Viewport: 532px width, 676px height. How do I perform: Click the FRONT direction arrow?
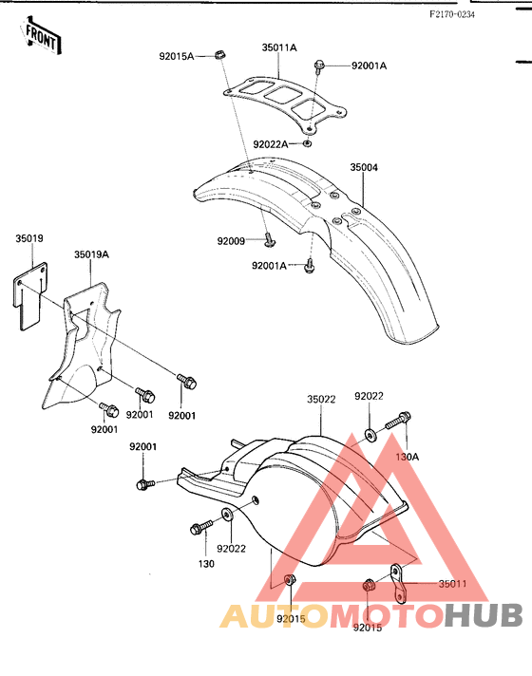41,37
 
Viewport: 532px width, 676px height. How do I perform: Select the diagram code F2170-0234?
452,14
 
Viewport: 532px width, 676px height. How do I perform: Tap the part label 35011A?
279,47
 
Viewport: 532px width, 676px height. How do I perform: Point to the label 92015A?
177,56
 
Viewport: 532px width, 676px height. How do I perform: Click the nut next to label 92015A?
220,55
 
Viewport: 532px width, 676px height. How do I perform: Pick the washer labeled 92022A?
307,143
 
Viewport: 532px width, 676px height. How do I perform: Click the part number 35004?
364,167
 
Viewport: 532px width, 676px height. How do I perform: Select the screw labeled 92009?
269,239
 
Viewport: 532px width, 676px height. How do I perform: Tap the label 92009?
231,241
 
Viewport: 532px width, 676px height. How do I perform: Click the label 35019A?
91,254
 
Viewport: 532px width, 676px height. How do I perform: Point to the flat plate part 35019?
30,296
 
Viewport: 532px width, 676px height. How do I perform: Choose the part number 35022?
321,399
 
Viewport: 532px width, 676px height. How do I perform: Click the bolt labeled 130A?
398,421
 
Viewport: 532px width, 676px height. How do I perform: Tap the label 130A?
407,456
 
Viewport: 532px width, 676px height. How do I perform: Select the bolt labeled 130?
201,527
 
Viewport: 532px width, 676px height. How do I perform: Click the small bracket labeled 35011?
399,584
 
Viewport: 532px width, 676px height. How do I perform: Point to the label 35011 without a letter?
452,584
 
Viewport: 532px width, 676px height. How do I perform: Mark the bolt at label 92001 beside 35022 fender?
145,483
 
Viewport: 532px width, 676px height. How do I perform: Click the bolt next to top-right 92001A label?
319,66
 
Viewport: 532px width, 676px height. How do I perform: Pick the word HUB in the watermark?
484,615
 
